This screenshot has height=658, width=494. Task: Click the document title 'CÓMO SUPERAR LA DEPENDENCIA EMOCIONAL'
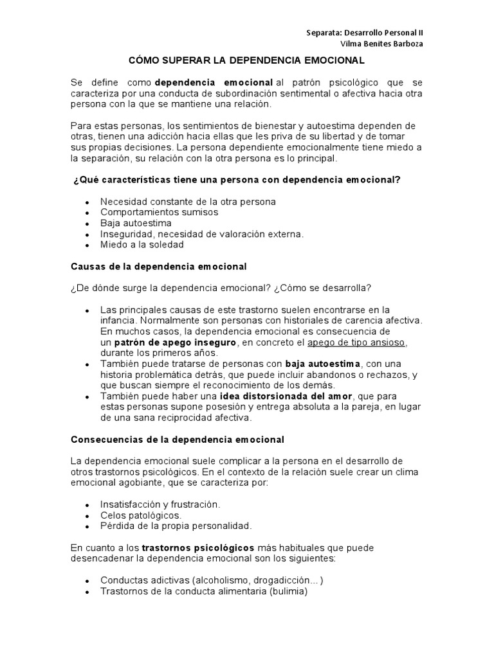246,60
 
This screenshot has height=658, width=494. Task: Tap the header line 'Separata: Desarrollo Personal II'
364,32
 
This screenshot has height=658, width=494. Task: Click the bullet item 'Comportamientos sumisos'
159,212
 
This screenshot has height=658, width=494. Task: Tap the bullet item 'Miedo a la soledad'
142,244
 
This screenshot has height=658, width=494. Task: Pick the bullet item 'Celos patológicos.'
141,515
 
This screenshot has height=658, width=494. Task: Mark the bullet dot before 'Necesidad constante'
87,202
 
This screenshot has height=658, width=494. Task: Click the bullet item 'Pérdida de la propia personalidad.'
176,526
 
